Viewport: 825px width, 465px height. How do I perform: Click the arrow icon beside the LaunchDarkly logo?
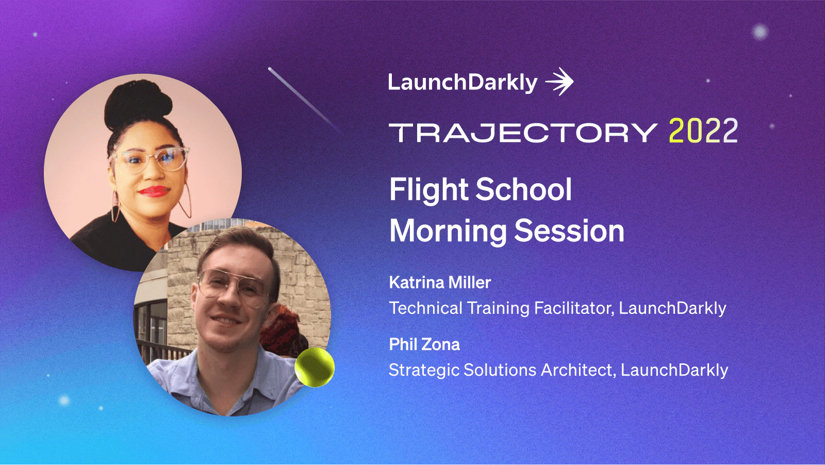click(559, 82)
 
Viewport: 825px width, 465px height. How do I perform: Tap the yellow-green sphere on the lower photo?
click(315, 367)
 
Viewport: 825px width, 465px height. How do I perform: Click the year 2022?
click(703, 131)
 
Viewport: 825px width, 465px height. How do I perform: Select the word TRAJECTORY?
click(523, 133)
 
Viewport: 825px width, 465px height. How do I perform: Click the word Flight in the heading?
click(429, 190)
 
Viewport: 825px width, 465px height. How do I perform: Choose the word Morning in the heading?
click(448, 231)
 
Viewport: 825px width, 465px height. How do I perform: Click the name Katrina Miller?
click(440, 282)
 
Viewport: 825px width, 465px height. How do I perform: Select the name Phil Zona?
click(424, 344)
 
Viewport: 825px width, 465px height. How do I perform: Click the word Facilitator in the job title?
click(574, 308)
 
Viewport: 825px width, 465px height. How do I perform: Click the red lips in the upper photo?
click(154, 191)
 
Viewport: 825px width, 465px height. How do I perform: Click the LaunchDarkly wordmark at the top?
click(463, 83)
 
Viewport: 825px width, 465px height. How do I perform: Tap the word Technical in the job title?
click(426, 308)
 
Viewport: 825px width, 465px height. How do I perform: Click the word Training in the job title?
click(498, 308)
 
